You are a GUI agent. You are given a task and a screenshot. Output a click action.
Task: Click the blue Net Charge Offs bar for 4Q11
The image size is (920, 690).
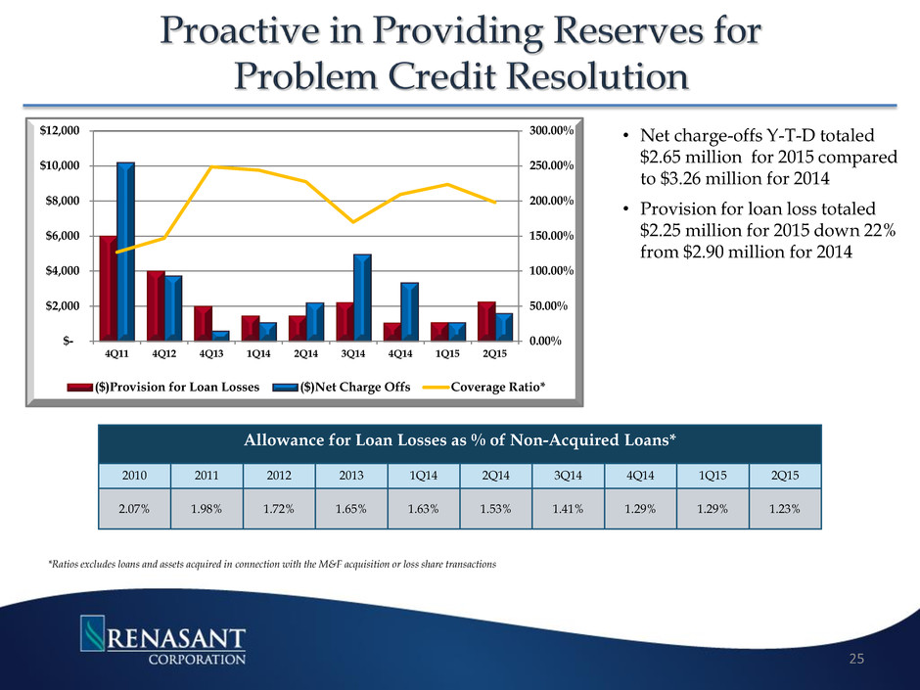(x=124, y=252)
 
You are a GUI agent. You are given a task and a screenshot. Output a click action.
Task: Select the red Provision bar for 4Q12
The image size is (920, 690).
(x=156, y=305)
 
